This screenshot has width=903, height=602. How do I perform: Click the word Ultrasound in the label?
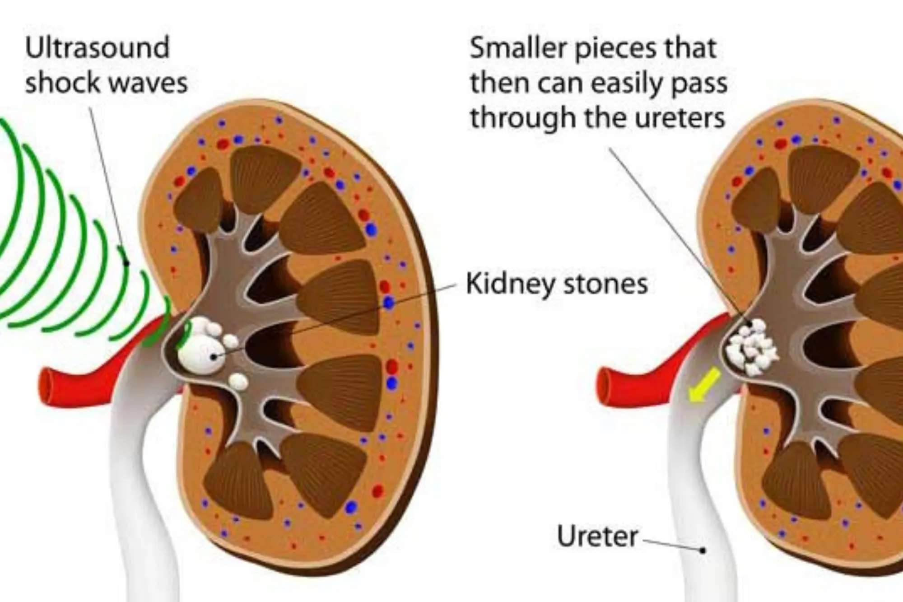pos(97,47)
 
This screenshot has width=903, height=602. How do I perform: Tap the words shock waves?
pos(106,83)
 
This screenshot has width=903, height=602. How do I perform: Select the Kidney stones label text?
pos(557,284)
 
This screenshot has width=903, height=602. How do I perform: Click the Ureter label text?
pos(597,536)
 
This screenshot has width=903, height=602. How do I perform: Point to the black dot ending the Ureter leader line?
pos(703,550)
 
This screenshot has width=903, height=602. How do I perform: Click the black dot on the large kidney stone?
pos(214,357)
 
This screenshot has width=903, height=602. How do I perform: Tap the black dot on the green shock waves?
pos(127,262)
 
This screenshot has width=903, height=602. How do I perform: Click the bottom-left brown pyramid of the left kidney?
pos(235,483)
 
